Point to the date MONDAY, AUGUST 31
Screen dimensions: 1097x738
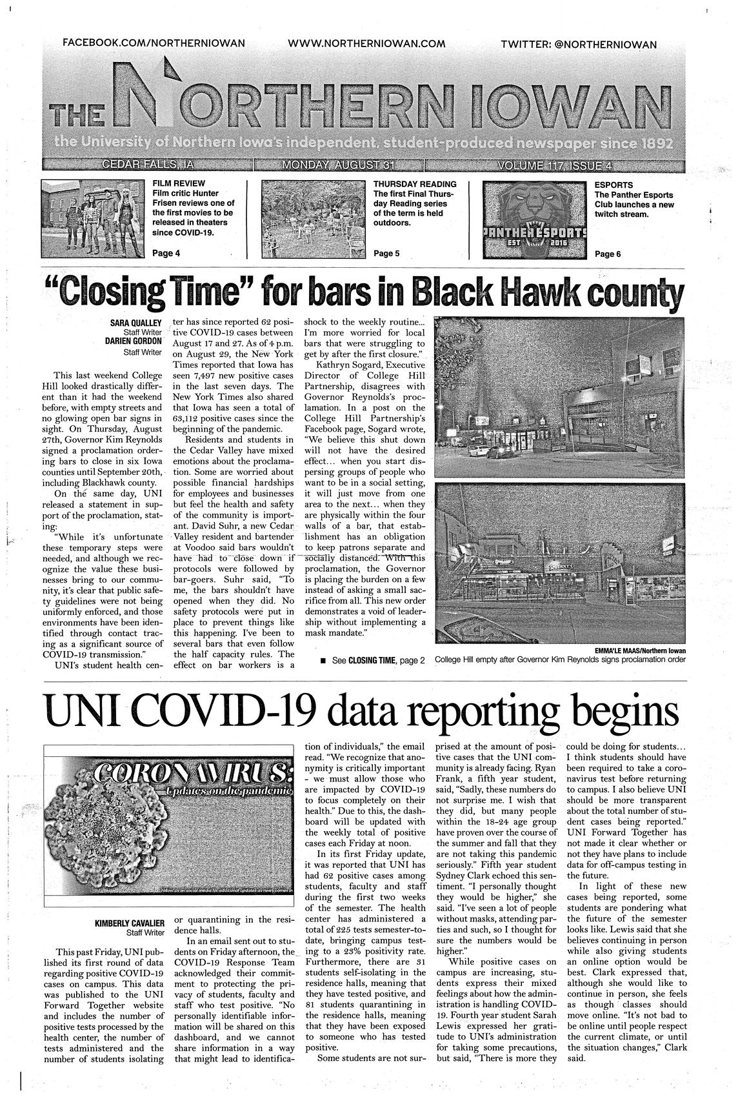(x=338, y=165)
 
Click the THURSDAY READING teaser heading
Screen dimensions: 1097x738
(x=415, y=184)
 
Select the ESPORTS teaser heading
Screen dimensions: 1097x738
(x=613, y=184)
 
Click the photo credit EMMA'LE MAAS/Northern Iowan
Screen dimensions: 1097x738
(x=637, y=650)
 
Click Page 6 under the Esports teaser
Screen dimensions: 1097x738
(x=608, y=254)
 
